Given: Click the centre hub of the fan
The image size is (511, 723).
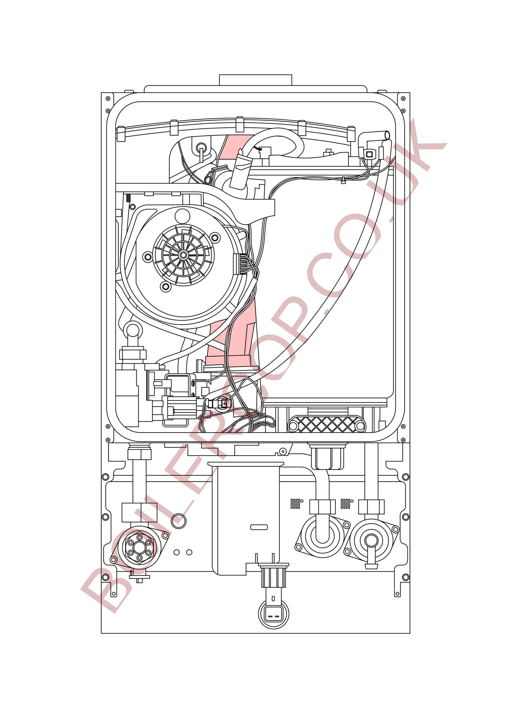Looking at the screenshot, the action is coord(182,254).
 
